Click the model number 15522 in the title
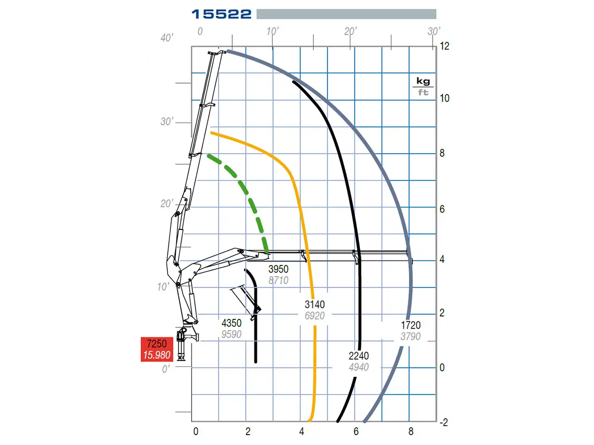[221, 14]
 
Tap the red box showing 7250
[157, 349]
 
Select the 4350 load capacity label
[231, 323]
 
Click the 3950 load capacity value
[278, 269]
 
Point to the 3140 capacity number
[314, 305]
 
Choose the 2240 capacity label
[358, 356]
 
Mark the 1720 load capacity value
[410, 325]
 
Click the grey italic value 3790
[410, 337]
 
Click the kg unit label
[423, 81]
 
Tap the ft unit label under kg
[423, 92]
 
